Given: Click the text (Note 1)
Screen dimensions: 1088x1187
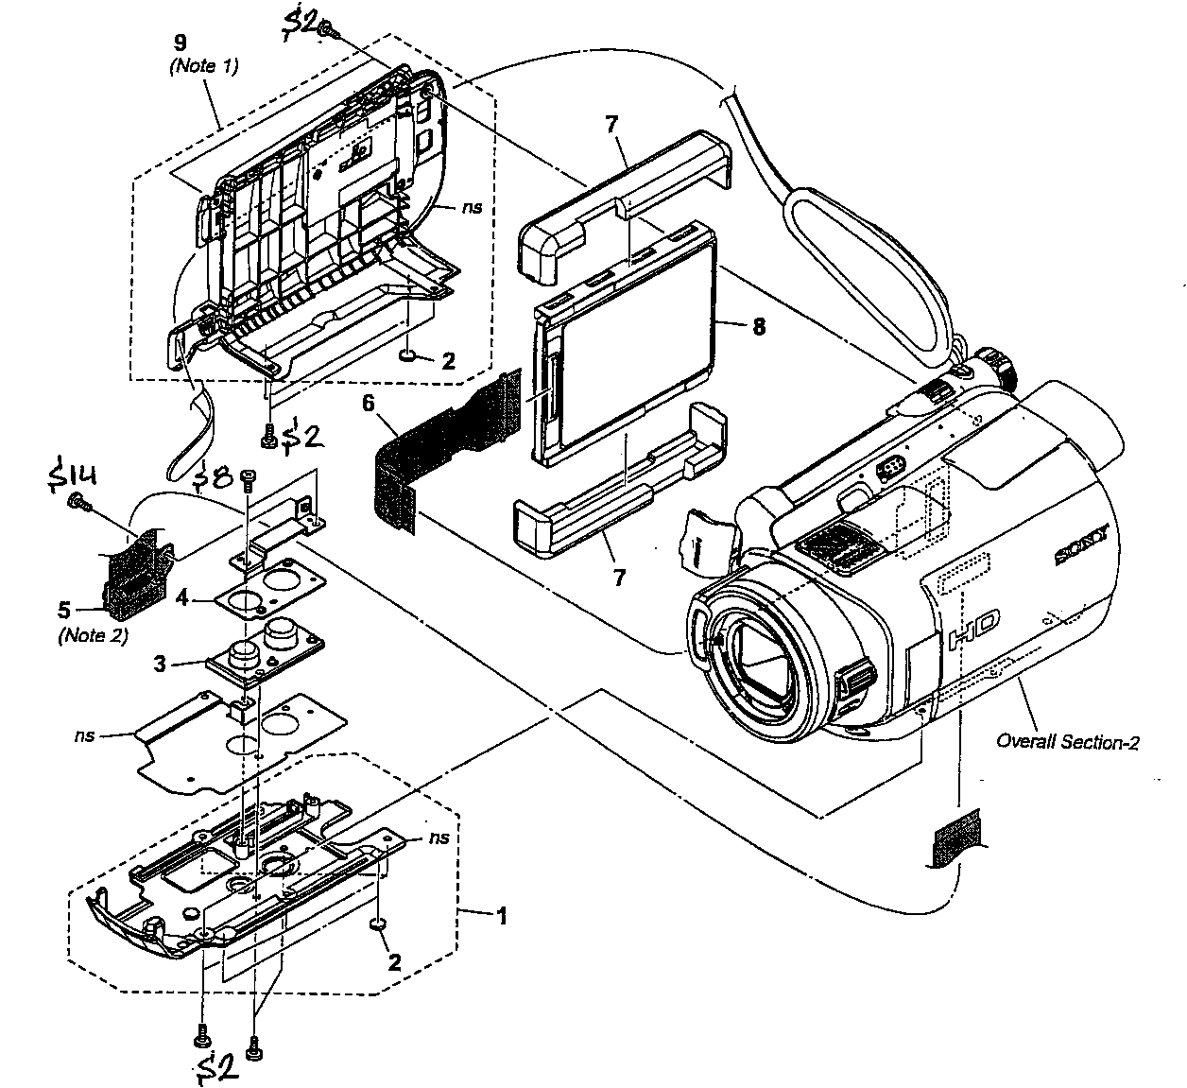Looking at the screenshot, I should tap(203, 66).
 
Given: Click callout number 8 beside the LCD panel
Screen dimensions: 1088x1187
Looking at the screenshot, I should tap(758, 327).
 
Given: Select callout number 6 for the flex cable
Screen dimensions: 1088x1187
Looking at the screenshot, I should tap(369, 404).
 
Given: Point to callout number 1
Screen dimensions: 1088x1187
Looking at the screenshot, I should tap(502, 915).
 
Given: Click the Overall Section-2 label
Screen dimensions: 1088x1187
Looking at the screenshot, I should tap(1067, 742).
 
